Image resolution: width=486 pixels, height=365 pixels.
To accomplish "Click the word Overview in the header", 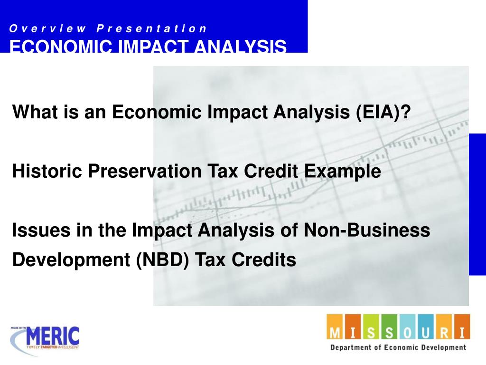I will [x=47, y=29].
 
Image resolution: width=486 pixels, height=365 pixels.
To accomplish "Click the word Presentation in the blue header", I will [x=152, y=29].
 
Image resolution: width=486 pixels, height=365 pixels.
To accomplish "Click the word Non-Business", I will [x=367, y=231].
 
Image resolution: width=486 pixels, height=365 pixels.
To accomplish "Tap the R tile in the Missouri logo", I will [x=444, y=328].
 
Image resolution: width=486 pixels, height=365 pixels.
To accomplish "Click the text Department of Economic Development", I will [x=398, y=347].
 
